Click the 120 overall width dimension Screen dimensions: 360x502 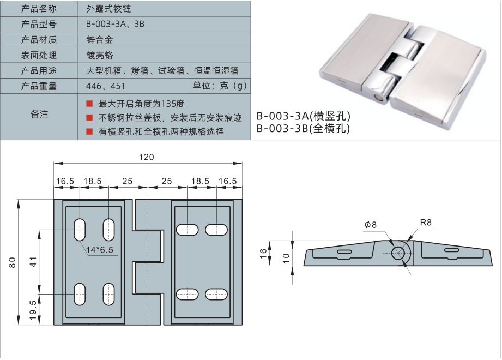point(146,157)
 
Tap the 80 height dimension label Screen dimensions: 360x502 point(13,262)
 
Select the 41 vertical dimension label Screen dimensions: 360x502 point(33,262)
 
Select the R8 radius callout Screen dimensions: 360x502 point(426,222)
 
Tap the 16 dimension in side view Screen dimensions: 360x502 point(264,253)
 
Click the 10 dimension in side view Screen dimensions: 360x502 point(285,257)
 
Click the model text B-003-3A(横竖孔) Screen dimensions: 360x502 point(303,116)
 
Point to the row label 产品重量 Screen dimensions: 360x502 point(39,86)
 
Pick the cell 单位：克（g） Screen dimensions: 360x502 point(219,86)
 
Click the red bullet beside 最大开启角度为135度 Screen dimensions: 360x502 point(89,104)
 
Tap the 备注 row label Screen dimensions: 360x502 point(39,114)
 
